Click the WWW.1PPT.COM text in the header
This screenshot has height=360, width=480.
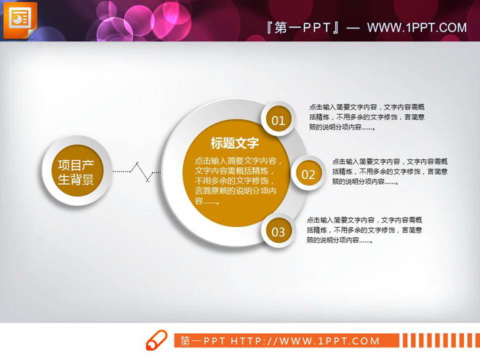click(x=416, y=28)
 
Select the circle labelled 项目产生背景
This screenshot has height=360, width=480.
click(x=76, y=173)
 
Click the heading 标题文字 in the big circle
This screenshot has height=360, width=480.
click(x=234, y=143)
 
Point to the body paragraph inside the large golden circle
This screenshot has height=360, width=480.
click(x=237, y=180)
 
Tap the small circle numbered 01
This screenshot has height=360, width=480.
click(x=278, y=120)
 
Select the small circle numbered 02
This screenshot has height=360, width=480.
click(x=308, y=174)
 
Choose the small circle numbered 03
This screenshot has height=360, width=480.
click(x=279, y=232)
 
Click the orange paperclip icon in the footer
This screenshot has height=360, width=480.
click(x=156, y=340)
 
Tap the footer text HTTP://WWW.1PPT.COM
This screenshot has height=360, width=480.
click(x=305, y=340)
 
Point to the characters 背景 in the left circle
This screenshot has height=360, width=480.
click(x=82, y=180)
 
